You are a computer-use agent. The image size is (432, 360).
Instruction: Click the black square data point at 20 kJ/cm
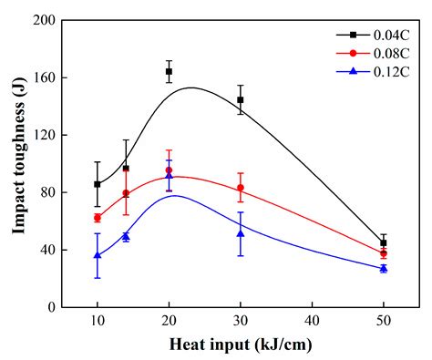169,71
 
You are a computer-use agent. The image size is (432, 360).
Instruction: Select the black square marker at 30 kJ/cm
241,99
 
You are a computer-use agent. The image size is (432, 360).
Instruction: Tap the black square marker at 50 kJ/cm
384,242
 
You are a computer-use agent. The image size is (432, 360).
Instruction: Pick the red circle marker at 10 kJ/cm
97,218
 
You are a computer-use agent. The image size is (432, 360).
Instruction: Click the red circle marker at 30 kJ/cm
241,188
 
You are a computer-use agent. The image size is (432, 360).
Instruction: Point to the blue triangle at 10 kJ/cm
97,255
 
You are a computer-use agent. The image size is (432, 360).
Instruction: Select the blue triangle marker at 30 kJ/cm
241,233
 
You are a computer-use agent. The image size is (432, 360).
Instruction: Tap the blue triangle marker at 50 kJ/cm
384,268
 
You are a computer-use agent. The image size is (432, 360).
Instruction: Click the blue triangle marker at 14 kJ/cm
126,236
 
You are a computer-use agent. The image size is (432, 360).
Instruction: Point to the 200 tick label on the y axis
42,20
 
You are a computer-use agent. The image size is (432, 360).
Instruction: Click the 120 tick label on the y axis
42,135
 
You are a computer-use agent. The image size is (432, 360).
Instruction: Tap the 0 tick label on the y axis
50,307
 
